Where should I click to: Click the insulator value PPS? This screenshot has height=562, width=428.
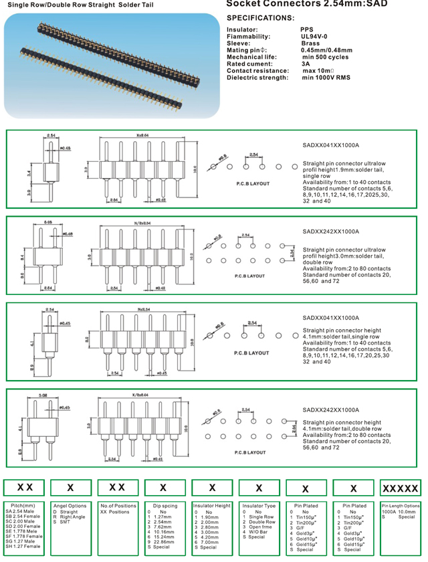point(307,30)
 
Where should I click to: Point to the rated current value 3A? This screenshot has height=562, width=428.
point(306,64)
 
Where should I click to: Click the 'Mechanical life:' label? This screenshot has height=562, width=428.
point(253,57)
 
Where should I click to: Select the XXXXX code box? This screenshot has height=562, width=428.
point(400,488)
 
